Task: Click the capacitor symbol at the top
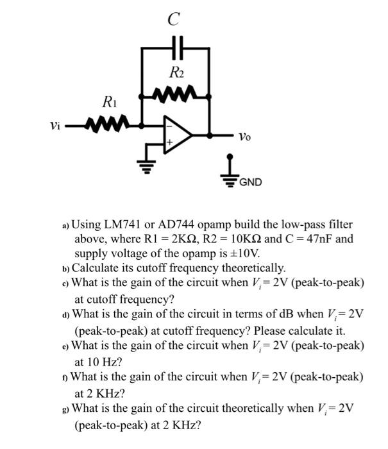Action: [176, 47]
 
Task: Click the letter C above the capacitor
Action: [173, 20]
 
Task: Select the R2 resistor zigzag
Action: [176, 97]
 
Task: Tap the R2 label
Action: [176, 74]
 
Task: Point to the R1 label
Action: [109, 101]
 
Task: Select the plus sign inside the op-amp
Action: [170, 142]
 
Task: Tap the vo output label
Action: [244, 136]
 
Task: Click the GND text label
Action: [250, 182]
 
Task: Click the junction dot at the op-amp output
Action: [210, 135]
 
